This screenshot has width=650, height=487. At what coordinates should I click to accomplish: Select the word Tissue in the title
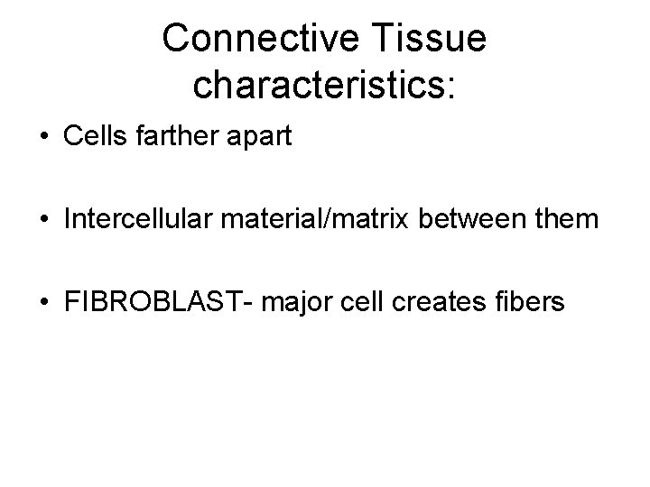pyautogui.click(x=436, y=38)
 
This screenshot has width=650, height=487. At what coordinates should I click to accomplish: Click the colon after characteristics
pyautogui.click(x=454, y=86)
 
